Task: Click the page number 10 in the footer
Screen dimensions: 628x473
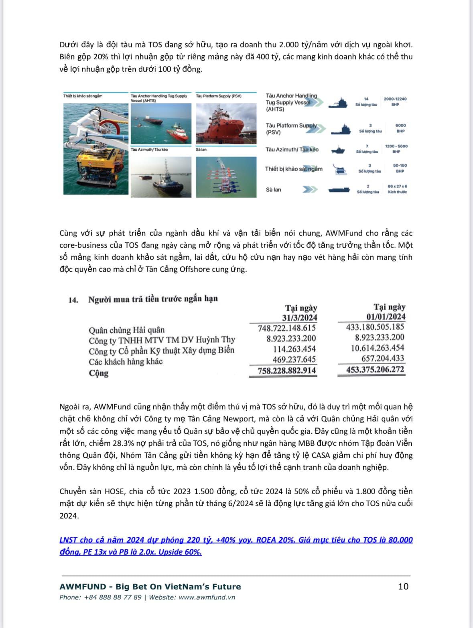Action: coord(403,586)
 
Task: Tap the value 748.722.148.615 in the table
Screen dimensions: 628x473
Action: coord(286,328)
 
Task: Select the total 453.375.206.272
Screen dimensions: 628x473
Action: coord(375,369)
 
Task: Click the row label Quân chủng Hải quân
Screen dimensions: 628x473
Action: coord(126,330)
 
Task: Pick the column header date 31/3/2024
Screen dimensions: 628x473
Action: coord(299,318)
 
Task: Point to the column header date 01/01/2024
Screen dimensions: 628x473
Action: coord(386,316)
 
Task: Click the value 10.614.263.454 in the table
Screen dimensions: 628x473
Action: coord(377,348)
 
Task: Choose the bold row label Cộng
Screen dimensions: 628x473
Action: coord(99,373)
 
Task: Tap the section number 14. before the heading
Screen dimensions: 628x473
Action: coord(73,300)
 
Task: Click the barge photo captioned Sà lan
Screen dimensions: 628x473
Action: coord(226,176)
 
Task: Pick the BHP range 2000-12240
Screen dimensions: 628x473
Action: coord(395,99)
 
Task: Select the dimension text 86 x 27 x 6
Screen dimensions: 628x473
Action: coord(397,186)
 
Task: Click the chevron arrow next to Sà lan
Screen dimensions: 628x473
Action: coord(309,190)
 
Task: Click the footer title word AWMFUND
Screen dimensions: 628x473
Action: coord(83,586)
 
